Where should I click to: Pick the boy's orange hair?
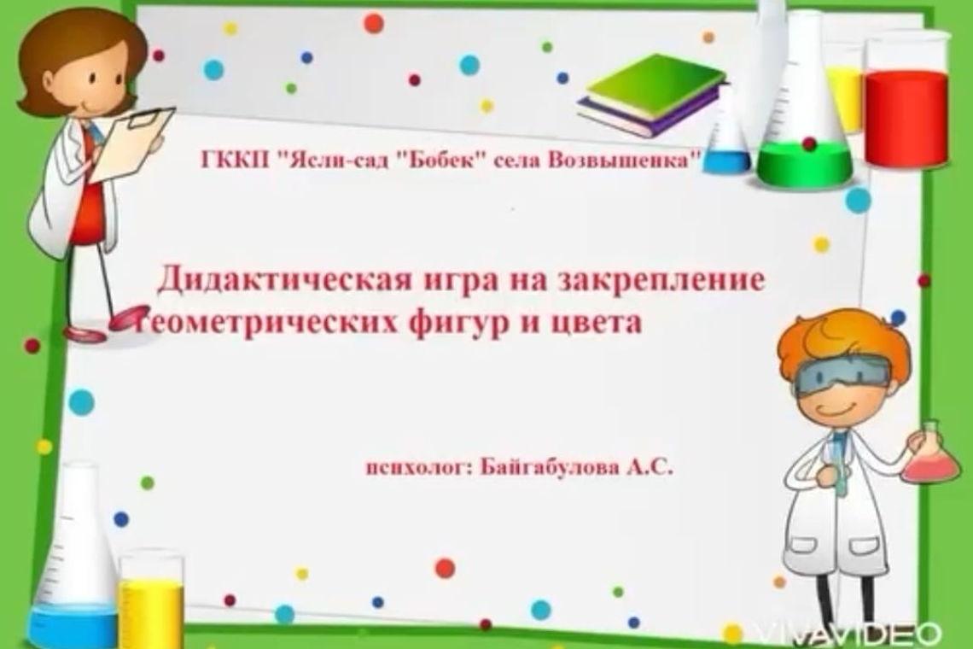click(845, 337)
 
